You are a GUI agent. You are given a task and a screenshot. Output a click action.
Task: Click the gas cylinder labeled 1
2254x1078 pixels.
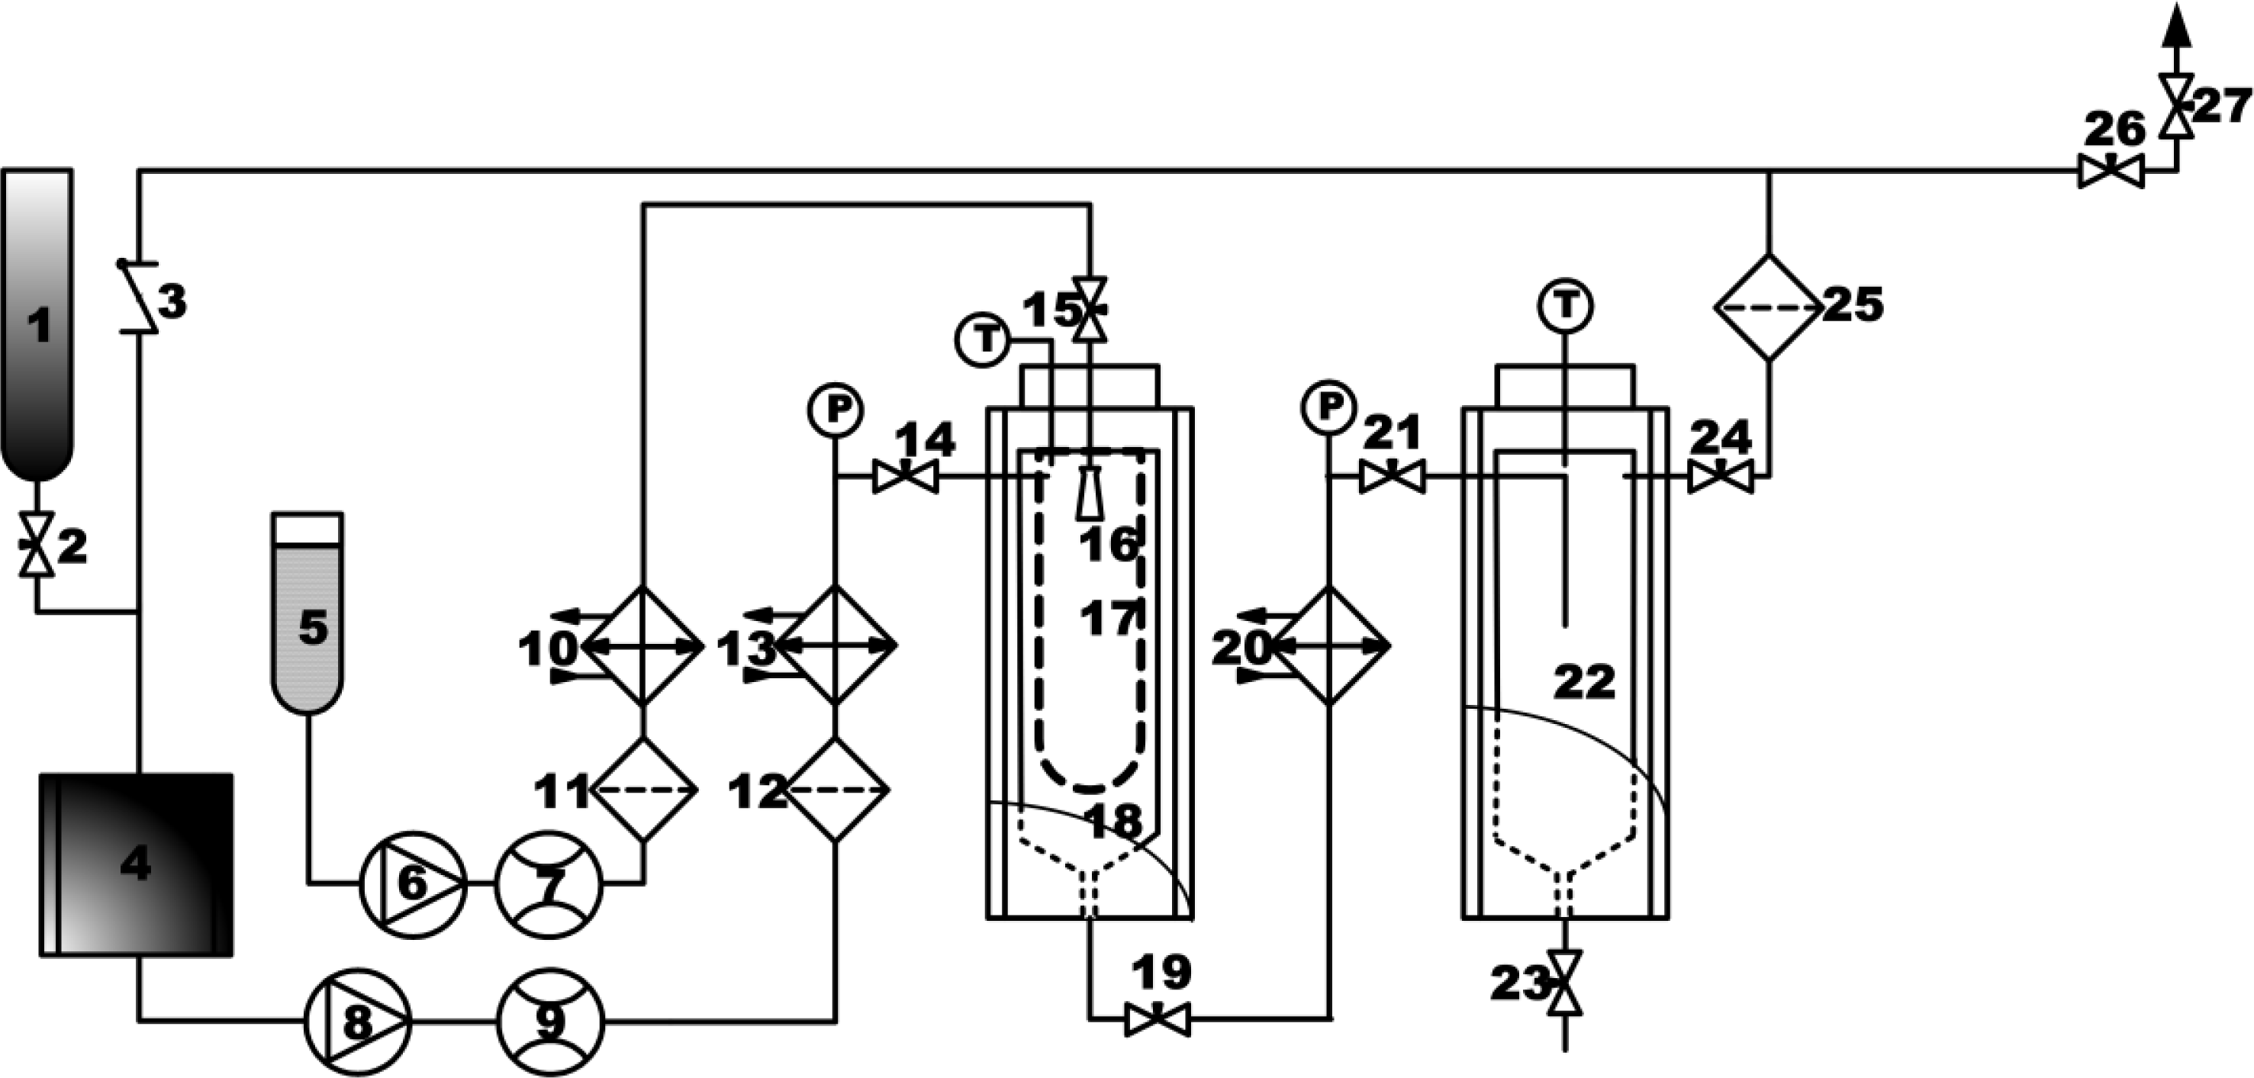[37, 323]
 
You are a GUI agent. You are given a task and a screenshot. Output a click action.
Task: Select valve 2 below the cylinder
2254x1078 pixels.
[37, 544]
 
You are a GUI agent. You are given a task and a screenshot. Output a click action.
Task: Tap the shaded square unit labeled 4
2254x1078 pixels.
[137, 864]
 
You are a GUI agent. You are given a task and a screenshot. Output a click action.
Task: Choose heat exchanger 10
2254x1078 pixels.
[644, 645]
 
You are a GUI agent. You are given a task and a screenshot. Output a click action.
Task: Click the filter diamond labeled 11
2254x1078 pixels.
[644, 790]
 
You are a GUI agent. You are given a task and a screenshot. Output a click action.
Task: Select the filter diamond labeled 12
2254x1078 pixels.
[836, 790]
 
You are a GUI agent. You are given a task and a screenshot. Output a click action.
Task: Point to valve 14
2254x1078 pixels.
[906, 478]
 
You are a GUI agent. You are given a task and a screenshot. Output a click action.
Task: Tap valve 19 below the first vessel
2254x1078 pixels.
[1157, 1020]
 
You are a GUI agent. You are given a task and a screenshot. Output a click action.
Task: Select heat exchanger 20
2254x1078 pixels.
[1330, 645]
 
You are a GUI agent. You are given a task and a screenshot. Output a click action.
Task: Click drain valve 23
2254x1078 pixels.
[1564, 983]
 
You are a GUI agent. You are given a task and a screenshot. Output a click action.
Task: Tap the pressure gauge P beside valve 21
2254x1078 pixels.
[1329, 407]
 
